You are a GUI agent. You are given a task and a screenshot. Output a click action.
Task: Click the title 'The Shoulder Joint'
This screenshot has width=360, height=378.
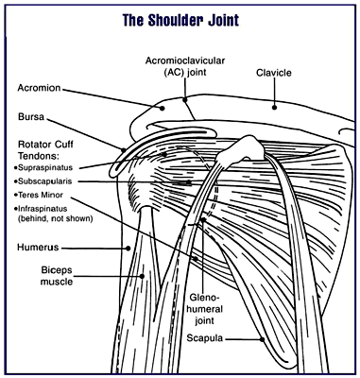[180, 20]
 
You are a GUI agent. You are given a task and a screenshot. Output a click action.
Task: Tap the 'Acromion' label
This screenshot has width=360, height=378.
[39, 88]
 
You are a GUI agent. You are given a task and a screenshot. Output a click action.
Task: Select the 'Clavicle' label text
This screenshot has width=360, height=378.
[274, 73]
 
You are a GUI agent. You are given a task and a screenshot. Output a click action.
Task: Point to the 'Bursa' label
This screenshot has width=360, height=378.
[31, 117]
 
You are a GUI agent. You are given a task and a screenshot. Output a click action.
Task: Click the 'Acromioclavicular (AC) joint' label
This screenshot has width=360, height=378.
[185, 66]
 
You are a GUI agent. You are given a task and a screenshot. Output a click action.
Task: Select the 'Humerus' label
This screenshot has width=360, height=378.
[38, 248]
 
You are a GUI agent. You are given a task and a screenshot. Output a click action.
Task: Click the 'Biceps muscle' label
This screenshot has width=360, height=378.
[57, 276]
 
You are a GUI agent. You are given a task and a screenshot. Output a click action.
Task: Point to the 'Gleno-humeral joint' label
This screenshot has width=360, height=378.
[206, 309]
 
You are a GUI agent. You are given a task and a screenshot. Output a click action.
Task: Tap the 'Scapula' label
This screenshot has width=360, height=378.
[205, 338]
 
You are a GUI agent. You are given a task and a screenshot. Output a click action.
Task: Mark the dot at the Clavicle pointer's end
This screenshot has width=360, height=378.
[274, 108]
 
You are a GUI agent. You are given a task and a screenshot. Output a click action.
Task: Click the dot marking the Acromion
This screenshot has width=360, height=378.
[163, 108]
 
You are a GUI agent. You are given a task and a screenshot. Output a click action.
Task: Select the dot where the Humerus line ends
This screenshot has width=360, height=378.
[128, 249]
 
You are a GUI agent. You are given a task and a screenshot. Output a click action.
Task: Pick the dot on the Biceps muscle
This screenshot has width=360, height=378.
[142, 276]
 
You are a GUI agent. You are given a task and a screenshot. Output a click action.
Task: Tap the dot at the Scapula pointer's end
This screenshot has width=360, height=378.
[262, 339]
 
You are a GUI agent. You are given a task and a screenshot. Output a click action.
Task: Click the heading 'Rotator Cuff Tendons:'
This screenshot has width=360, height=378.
[45, 150]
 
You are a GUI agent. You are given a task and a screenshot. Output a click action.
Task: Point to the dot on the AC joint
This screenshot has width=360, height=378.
[185, 100]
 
